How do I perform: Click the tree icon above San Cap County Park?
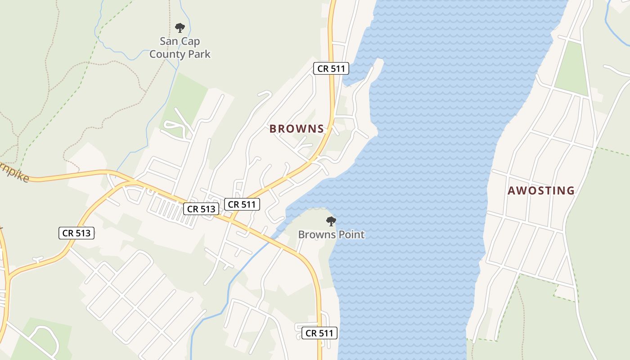[x=180, y=28]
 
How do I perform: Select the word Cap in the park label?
[x=190, y=41]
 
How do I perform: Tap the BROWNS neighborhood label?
[x=297, y=129]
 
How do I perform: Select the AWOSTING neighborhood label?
[x=541, y=191]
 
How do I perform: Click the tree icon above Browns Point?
[x=331, y=221]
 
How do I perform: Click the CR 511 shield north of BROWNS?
[x=331, y=68]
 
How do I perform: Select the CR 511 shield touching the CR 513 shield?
[x=242, y=204]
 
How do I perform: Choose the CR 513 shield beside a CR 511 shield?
[x=201, y=209]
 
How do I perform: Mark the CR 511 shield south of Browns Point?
[x=319, y=333]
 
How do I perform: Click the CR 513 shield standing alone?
[x=76, y=233]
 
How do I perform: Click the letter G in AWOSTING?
[x=571, y=191]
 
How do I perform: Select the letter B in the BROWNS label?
[x=273, y=129]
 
